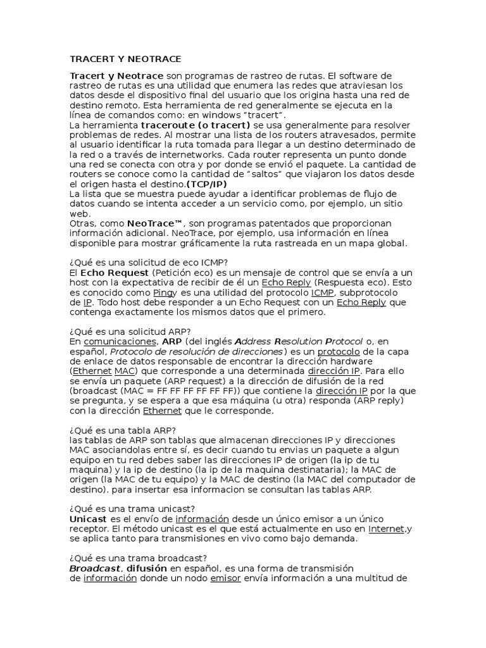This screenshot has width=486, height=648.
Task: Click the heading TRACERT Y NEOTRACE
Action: tap(125, 59)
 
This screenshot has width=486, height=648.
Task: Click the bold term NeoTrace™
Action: tap(155, 223)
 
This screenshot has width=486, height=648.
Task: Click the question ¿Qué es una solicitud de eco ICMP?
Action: tap(149, 262)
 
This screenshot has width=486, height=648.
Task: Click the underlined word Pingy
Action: tap(164, 292)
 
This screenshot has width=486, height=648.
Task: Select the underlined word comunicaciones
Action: tap(120, 342)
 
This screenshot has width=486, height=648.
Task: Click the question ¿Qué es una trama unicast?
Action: tap(132, 509)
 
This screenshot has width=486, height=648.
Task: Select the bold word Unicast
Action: tap(88, 519)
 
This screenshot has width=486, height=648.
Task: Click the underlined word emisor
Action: tap(225, 578)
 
